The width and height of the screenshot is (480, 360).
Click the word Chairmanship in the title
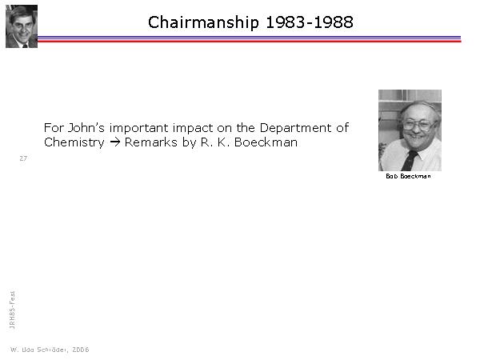pos(203,22)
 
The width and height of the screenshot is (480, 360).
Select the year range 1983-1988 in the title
pos(310,22)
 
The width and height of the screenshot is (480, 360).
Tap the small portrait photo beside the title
pos(22,26)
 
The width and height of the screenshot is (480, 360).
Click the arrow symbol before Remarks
pos(114,142)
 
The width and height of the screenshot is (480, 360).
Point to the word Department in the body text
pos(295,128)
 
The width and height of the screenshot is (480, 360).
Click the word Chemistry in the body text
pos(74,142)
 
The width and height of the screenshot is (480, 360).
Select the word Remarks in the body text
pos(151,142)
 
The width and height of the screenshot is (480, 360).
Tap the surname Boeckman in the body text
pos(266,142)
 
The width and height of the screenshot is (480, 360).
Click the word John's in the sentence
pos(86,128)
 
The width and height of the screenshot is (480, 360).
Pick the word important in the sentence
pos(139,128)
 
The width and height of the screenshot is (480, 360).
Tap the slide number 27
pos(23,158)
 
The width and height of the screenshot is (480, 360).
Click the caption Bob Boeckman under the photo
pos(408,176)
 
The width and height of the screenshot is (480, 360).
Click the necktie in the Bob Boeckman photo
pos(410,161)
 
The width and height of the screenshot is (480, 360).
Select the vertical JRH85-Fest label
pos(12,310)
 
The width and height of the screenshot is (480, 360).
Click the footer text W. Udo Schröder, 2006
pos(50,350)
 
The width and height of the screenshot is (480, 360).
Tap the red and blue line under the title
pos(249,39)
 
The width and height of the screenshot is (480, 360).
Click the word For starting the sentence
pos(54,128)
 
